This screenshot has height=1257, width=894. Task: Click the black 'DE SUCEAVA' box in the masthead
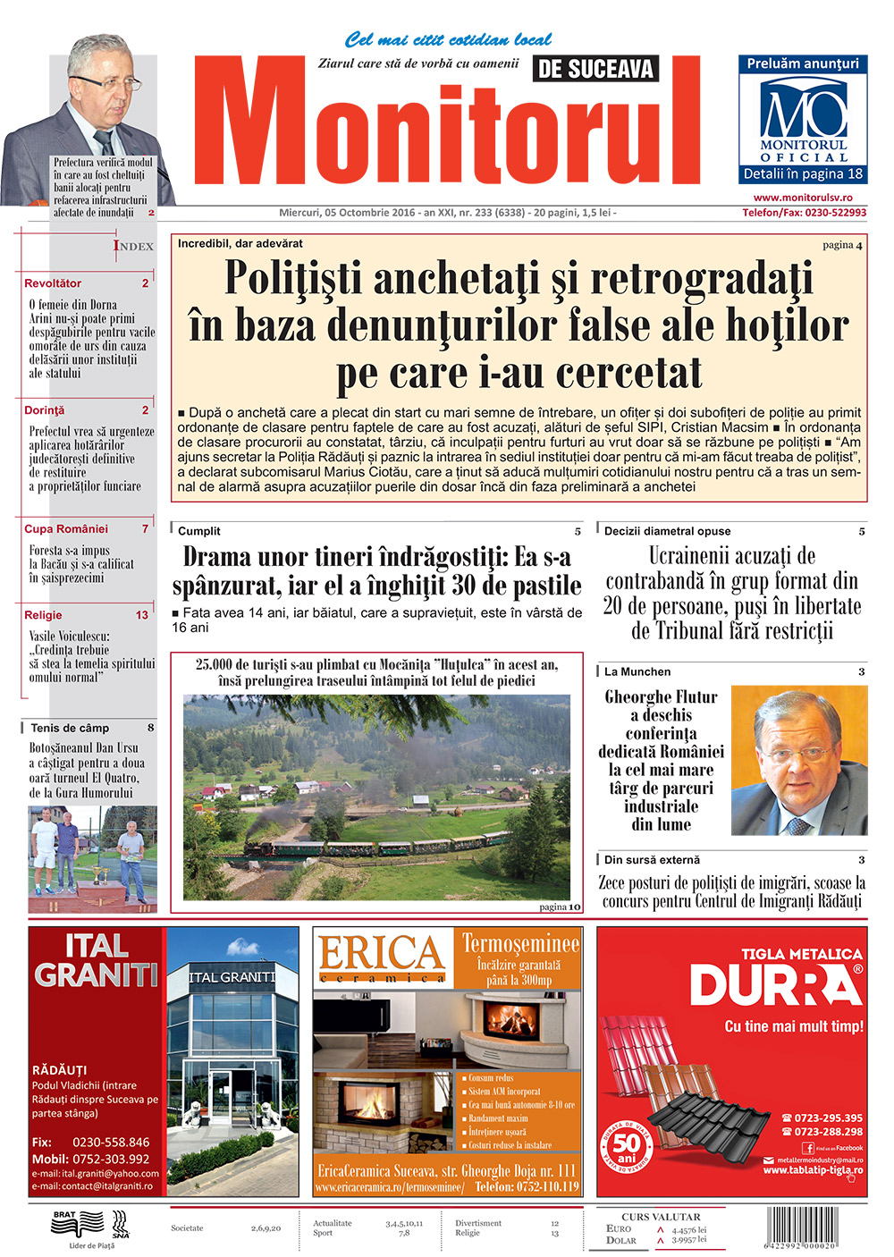pyautogui.click(x=595, y=69)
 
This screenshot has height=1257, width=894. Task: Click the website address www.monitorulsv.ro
pyautogui.click(x=802, y=198)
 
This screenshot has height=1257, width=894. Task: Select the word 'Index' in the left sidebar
pyautogui.click(x=133, y=246)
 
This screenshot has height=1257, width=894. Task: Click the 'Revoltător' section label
pyautogui.click(x=53, y=283)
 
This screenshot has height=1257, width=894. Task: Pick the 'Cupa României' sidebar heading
pyautogui.click(x=66, y=529)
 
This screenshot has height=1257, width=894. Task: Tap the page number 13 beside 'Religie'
pyautogui.click(x=142, y=615)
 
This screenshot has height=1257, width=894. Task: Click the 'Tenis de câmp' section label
pyautogui.click(x=70, y=728)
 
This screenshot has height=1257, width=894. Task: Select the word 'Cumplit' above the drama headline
pyautogui.click(x=198, y=531)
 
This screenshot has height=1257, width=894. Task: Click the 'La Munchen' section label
pyautogui.click(x=637, y=671)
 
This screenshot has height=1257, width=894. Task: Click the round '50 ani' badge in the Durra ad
pyautogui.click(x=627, y=1145)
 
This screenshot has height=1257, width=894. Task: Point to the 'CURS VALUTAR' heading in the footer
pyautogui.click(x=661, y=1217)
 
